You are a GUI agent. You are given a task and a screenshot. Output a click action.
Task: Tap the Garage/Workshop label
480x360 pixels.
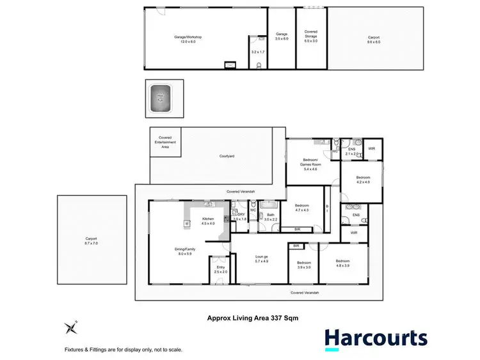tap(188, 40)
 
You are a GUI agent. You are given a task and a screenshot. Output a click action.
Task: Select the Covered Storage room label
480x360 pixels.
tap(310, 34)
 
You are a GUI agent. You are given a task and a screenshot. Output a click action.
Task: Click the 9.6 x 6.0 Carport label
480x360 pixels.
tap(373, 40)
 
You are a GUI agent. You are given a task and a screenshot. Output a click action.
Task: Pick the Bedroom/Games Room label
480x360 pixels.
tap(310, 163)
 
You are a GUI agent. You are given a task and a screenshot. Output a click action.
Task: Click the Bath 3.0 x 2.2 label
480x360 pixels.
tap(271, 217)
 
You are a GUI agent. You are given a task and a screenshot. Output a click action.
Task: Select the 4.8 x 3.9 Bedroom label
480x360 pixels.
tap(342, 263)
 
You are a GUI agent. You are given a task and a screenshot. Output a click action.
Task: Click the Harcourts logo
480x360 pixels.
tap(375, 340)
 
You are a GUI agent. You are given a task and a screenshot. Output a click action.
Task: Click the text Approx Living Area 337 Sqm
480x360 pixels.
tap(252, 317)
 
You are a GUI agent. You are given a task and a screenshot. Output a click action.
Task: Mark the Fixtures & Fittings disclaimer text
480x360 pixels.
tap(123, 349)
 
